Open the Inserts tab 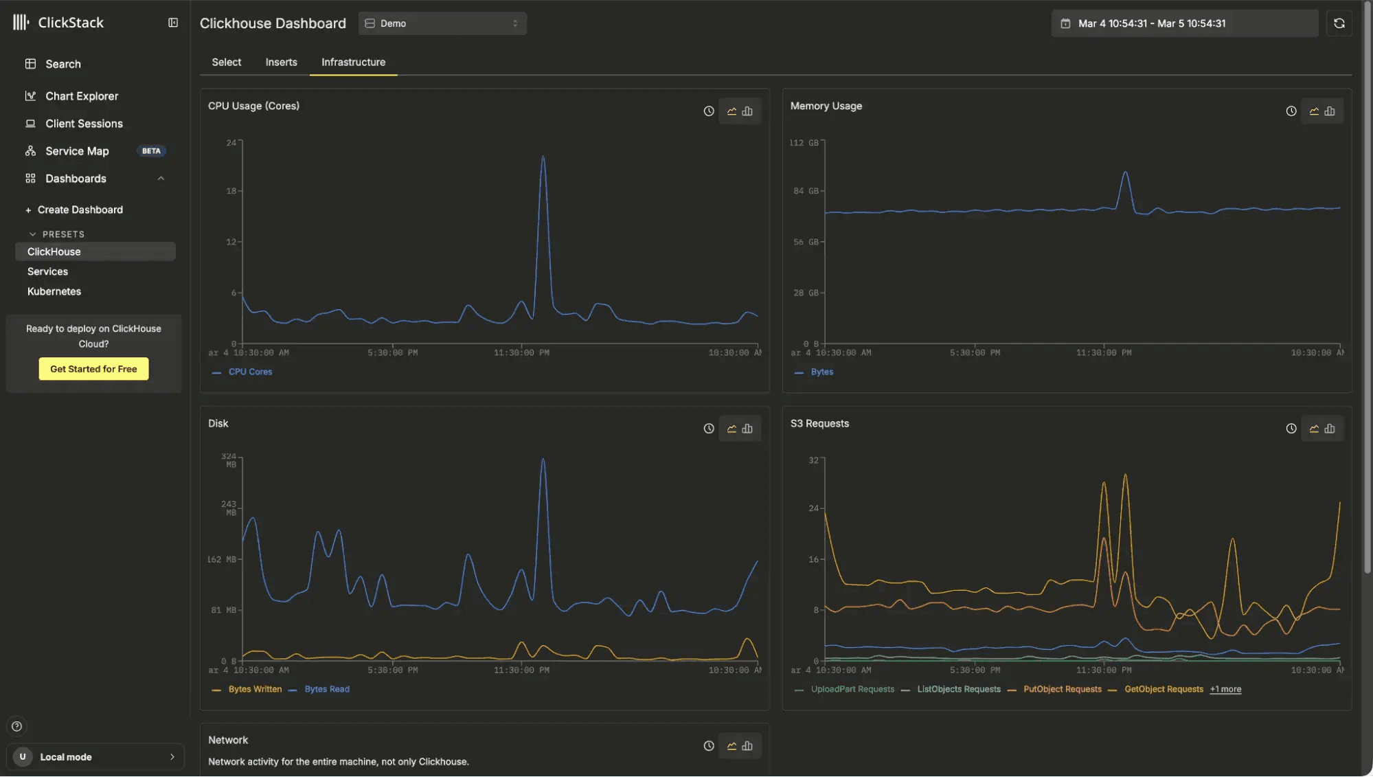pos(281,62)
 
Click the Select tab pos(226,62)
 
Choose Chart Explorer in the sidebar pos(82,96)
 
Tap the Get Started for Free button pos(93,369)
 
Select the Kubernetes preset pos(54,291)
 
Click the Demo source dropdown pos(442,23)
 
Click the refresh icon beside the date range pos(1339,23)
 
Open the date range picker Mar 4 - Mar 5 pos(1184,23)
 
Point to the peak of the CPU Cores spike pos(543,157)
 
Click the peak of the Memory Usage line pos(1125,172)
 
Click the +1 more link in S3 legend pos(1225,689)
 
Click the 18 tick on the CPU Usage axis pos(231,191)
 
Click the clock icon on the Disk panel pos(709,429)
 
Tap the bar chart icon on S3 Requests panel pos(1330,429)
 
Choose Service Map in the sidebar pos(77,151)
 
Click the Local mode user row pos(95,757)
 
